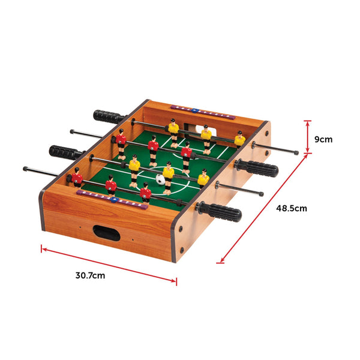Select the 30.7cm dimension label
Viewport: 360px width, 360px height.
(x=91, y=276)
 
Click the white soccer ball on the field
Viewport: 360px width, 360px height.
(x=160, y=178)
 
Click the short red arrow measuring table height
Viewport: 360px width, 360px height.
(x=308, y=137)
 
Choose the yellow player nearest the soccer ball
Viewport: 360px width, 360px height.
(x=169, y=173)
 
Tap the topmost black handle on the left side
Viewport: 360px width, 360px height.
(x=109, y=116)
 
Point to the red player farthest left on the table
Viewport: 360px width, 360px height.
(x=77, y=178)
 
